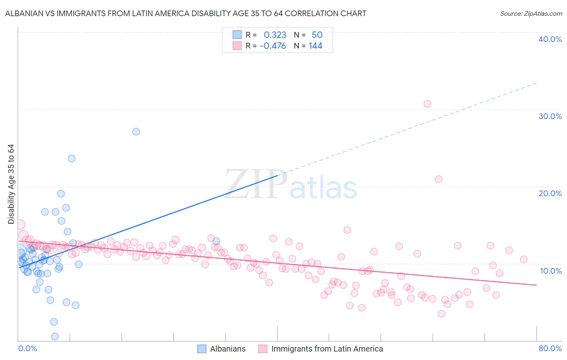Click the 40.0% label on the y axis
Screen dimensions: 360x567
550,39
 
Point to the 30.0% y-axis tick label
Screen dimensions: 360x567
550,116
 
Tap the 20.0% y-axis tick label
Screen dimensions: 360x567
550,193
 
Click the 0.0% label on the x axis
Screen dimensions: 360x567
27,348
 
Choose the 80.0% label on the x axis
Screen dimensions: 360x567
550,348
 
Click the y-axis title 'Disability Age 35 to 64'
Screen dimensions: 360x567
11,184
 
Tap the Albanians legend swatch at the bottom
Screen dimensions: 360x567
202,349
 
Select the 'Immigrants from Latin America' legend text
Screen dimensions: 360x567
327,349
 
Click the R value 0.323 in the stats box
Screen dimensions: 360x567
275,35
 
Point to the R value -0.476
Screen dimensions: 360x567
273,46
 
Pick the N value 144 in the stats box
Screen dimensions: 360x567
315,46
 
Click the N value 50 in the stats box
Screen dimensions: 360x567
317,35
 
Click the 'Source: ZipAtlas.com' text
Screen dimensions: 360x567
531,13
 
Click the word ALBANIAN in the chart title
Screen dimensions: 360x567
25,13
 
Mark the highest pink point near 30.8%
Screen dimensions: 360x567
427,104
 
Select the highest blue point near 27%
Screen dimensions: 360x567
136,132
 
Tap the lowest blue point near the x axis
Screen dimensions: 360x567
55,337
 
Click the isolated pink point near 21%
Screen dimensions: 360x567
438,179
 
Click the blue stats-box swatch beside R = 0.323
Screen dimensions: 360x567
237,35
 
